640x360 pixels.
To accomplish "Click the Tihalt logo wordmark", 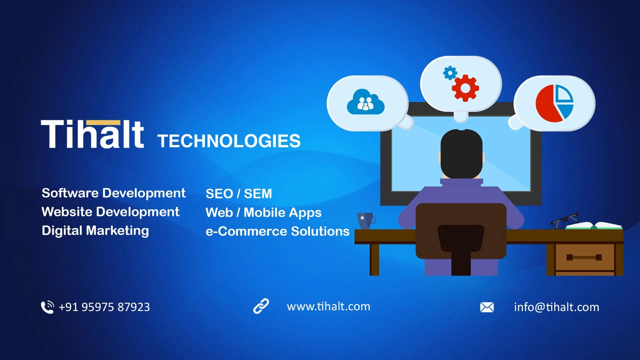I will coord(92,134).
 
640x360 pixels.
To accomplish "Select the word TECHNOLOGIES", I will coord(229,141).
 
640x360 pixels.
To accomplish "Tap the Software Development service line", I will coord(113,193).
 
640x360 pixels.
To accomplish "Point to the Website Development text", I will coord(110,212).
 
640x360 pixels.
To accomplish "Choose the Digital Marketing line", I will coord(95,231).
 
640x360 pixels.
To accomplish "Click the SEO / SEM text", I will coord(239,194).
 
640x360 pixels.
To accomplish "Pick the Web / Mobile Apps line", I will coord(263,213).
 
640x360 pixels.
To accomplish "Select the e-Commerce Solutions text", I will coord(277,231).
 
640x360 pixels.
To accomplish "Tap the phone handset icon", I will coord(47,307).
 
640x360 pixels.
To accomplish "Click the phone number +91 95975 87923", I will coord(104,307).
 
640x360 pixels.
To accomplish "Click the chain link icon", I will coord(261,306).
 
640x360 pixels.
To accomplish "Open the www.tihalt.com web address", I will coord(328,306).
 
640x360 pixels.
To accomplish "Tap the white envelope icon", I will coord(487,307).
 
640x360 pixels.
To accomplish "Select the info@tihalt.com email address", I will coord(556,307).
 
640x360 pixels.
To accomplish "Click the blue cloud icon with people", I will coord(366,102).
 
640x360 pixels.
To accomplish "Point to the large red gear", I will coord(465,88).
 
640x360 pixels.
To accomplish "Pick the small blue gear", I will coord(450,73).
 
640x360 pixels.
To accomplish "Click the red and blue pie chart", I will coord(554,103).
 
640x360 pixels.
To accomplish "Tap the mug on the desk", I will coord(365,221).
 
